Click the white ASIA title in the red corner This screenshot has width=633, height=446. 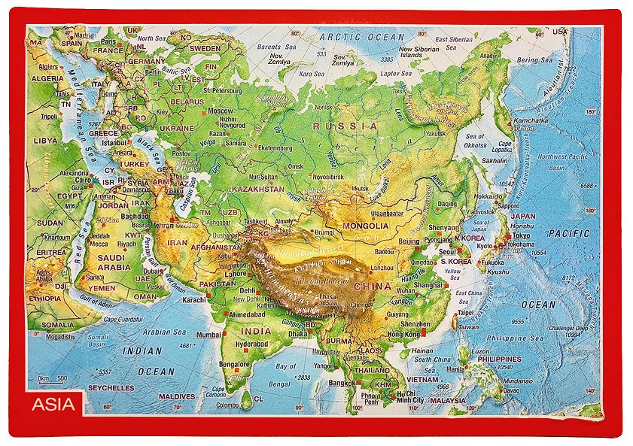pos(53,405)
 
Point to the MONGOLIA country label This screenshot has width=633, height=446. pos(365,226)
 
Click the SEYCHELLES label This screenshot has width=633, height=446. pos(111,388)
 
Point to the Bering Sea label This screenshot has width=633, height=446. pos(534,59)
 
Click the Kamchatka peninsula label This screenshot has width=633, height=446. pos(529,120)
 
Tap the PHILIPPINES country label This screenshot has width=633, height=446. pos(499,360)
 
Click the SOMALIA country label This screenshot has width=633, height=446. pos(58,325)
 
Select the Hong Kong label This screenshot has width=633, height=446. pos(403,333)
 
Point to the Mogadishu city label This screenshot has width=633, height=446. pos(60,337)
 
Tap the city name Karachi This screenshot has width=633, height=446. pos(193,299)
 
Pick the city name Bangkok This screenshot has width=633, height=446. pos(342,383)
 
